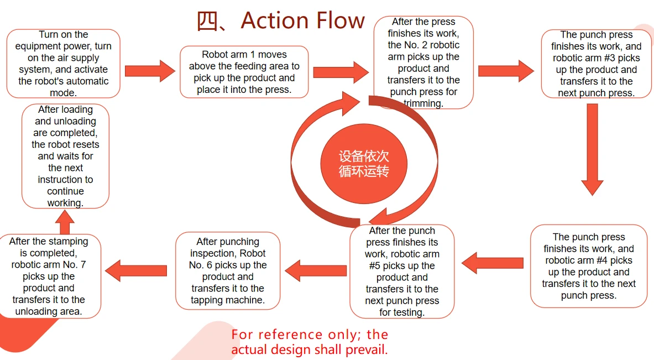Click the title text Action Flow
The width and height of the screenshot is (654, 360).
(303, 20)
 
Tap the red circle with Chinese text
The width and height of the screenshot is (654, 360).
(364, 164)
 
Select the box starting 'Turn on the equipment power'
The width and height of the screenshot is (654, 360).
(64, 64)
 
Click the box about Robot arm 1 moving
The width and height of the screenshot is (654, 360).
(244, 72)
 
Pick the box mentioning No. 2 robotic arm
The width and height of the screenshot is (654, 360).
(423, 62)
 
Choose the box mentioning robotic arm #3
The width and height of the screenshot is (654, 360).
(596, 64)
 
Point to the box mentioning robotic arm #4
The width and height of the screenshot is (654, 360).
(589, 266)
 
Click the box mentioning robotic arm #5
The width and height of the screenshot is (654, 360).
(402, 271)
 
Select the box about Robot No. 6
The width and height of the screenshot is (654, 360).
(228, 271)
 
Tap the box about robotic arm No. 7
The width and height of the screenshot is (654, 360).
(49, 276)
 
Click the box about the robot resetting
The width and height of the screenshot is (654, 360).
(65, 156)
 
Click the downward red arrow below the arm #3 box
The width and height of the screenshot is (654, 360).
(592, 149)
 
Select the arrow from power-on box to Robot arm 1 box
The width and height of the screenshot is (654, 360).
(150, 71)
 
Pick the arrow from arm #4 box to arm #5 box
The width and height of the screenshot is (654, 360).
(492, 263)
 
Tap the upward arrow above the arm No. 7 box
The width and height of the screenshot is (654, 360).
(65, 222)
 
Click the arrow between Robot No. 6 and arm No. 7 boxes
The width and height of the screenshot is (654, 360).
(136, 271)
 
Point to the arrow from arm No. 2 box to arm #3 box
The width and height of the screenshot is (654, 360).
(506, 71)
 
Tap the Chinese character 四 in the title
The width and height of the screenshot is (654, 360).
(207, 21)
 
